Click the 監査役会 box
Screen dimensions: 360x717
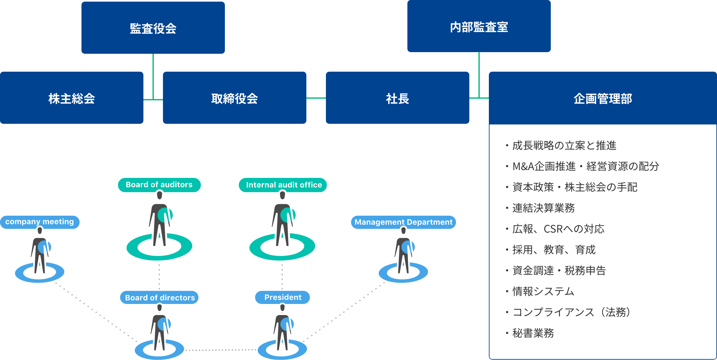tap(153, 28)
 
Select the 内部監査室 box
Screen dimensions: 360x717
tap(479, 27)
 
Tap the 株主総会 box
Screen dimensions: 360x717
tap(71, 98)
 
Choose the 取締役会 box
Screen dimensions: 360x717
tap(234, 98)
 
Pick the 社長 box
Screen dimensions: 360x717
tap(397, 98)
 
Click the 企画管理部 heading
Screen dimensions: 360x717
tap(603, 98)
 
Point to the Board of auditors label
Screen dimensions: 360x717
tap(159, 185)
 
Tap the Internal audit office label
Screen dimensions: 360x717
tap(283, 185)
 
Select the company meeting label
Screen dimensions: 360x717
tap(40, 222)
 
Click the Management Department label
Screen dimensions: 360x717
tap(403, 222)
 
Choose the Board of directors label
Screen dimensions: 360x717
tap(159, 297)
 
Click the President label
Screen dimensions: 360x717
tap(283, 297)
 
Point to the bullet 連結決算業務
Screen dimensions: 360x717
tap(543, 208)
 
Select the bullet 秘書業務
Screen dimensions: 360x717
tap(533, 333)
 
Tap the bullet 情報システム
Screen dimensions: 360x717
tap(543, 292)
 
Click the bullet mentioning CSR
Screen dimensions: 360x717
tap(558, 229)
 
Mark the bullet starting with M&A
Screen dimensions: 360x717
tap(585, 166)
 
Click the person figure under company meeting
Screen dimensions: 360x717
tap(40, 252)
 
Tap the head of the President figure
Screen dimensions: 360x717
tap(283, 308)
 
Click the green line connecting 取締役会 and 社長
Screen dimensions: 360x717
tap(316, 98)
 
